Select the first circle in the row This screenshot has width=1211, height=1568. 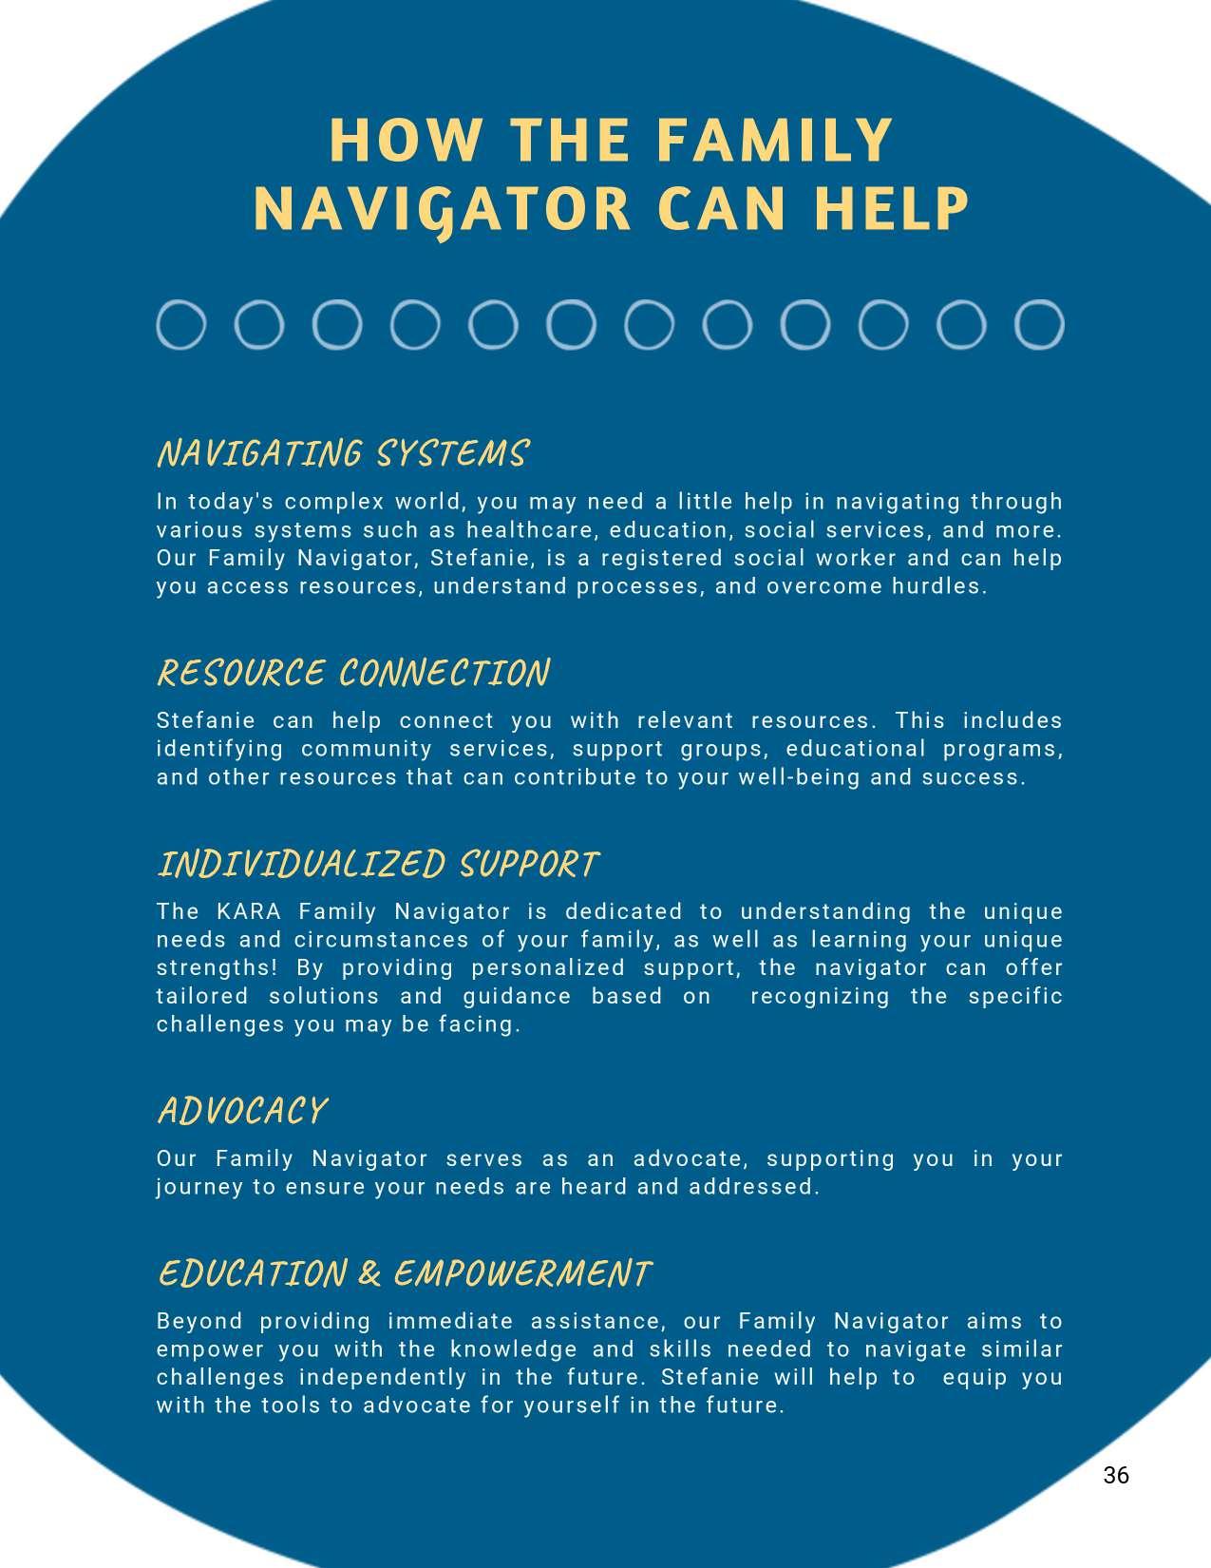tap(180, 325)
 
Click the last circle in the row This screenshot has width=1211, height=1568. tap(1038, 325)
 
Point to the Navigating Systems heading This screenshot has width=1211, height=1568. tap(342, 454)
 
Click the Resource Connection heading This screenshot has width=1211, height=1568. tap(353, 674)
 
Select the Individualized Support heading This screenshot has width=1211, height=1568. tap(378, 865)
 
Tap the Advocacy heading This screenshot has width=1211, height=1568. tap(242, 1111)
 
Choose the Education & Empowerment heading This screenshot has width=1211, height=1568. tap(405, 1273)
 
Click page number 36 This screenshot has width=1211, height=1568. tap(1116, 1475)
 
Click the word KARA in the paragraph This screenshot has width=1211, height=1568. tap(249, 912)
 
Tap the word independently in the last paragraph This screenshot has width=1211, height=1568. tap(383, 1378)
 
